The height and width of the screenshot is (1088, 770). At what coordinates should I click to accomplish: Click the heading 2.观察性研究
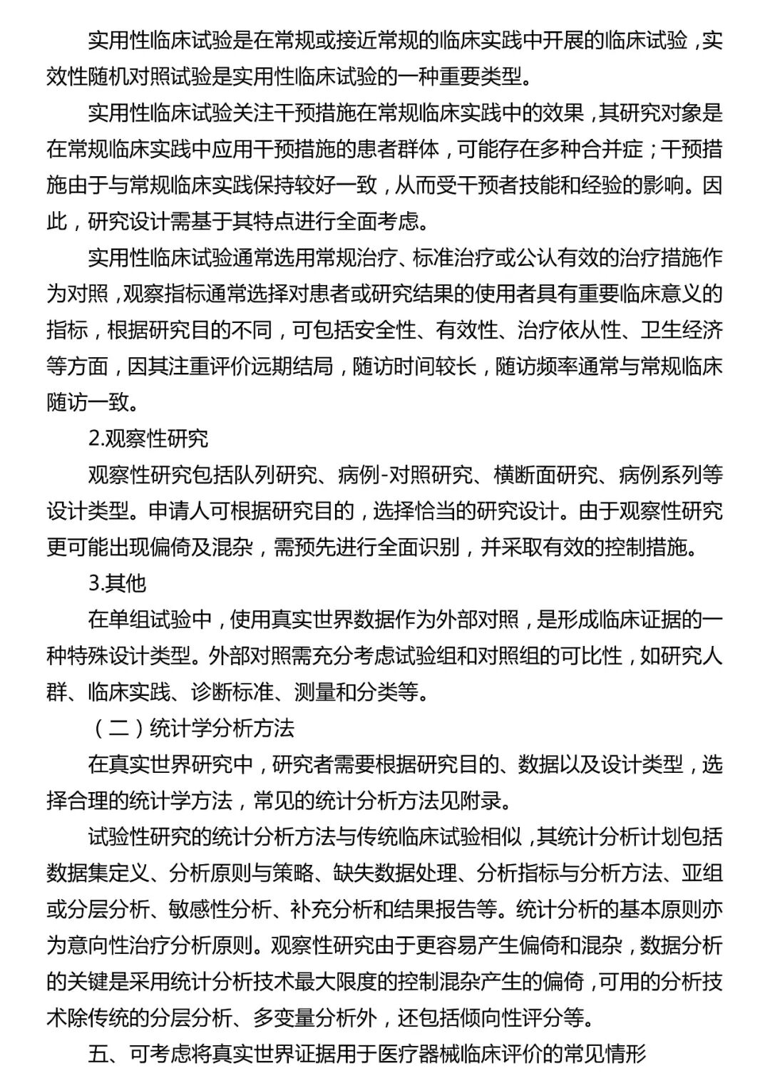click(x=148, y=438)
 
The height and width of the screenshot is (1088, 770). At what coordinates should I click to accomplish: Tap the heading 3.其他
click(x=118, y=583)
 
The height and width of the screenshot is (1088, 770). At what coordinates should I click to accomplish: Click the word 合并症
click(x=601, y=150)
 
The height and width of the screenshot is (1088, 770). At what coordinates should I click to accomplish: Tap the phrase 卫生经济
click(x=681, y=330)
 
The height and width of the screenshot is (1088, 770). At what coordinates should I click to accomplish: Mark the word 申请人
click(x=180, y=511)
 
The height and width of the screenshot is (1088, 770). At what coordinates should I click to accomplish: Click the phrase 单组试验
click(x=150, y=620)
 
